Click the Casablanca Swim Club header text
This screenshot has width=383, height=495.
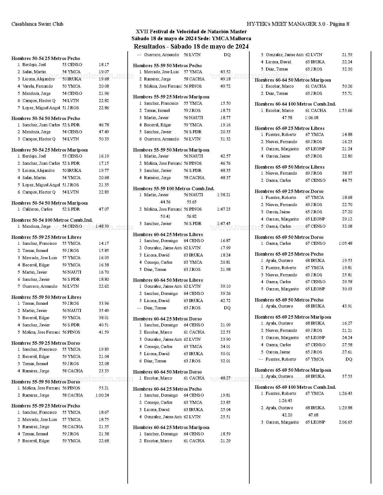[37, 24]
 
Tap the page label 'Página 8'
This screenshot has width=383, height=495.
[339, 24]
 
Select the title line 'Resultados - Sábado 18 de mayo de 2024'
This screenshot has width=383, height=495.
[191, 46]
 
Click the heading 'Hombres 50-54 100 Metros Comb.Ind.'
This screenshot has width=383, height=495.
[52, 220]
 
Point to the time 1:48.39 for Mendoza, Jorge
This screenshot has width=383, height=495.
[102, 226]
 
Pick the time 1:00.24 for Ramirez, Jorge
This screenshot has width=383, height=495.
[102, 395]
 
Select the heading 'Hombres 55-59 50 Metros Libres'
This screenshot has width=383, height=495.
[46, 297]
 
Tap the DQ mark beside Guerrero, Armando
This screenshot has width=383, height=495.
[227, 55]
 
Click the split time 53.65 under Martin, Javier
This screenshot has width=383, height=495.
[192, 202]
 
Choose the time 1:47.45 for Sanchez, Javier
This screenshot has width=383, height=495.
[223, 223]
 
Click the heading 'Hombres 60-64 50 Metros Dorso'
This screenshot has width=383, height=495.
[167, 372]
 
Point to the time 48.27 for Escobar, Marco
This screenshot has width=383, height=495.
[225, 378]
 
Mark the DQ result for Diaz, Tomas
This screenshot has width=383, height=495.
[227, 308]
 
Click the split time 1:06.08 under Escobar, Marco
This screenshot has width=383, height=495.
[312, 118]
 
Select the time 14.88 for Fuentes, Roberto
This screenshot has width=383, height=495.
[347, 134]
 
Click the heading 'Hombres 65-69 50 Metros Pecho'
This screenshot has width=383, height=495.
[289, 300]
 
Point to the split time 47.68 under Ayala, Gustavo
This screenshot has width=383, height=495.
[313, 415]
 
